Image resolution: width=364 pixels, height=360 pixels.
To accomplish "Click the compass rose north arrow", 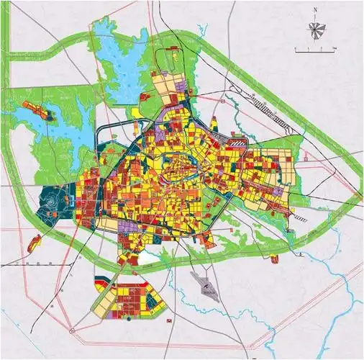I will [315, 28].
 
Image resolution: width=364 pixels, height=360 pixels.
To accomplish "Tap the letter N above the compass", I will [315, 10].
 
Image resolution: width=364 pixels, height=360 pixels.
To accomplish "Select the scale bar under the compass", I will [317, 49].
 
